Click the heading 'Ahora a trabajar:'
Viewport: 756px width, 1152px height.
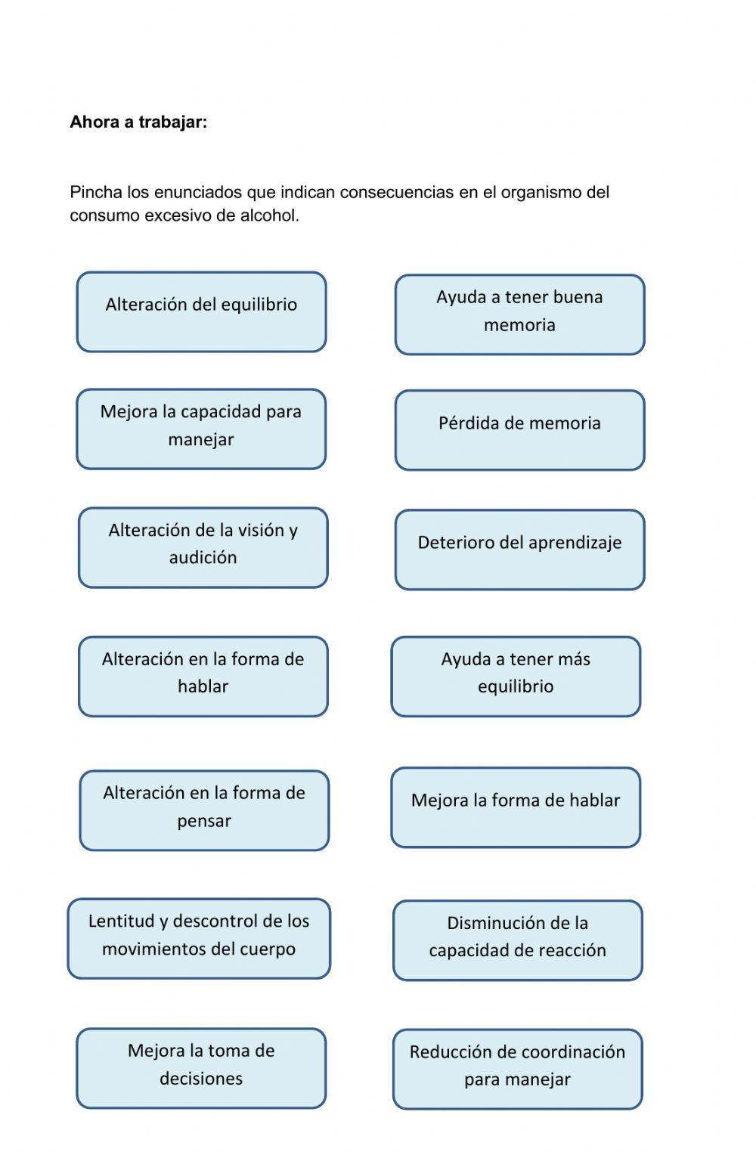pyautogui.click(x=138, y=122)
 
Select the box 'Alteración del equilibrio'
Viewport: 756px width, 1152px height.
pyautogui.click(x=201, y=312)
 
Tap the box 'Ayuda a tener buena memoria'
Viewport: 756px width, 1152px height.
pyautogui.click(x=519, y=314)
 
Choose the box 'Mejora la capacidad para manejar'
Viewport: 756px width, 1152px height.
pyautogui.click(x=201, y=429)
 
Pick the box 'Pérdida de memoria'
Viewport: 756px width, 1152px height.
pyautogui.click(x=519, y=430)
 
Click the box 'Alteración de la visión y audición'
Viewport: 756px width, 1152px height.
pyautogui.click(x=203, y=548)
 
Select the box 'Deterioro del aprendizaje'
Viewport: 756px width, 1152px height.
pyautogui.click(x=519, y=550)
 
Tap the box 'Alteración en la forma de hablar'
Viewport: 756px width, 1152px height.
pyautogui.click(x=203, y=677)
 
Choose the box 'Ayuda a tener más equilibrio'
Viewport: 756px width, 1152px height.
pyautogui.click(x=516, y=677)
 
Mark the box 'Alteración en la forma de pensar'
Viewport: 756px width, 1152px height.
pyautogui.click(x=204, y=810)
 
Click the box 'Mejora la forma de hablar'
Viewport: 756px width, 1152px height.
pyautogui.click(x=516, y=807)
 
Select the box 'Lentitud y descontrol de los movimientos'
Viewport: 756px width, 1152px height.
pyautogui.click(x=199, y=939)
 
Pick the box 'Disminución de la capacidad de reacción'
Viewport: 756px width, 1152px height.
pyautogui.click(x=517, y=940)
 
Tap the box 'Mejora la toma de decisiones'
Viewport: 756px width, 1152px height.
pyautogui.click(x=201, y=1068)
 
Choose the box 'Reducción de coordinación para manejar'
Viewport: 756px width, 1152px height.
pyautogui.click(x=517, y=1069)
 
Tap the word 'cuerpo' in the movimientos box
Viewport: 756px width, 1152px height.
pyautogui.click(x=267, y=949)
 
